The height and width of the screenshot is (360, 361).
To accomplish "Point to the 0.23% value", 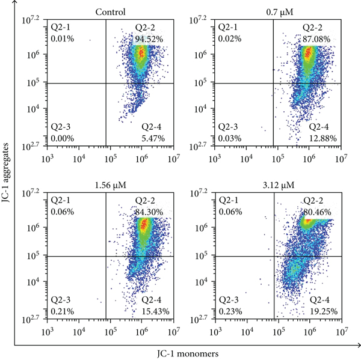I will (229, 311).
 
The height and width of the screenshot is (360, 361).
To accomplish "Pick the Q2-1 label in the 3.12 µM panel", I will (229, 200).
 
